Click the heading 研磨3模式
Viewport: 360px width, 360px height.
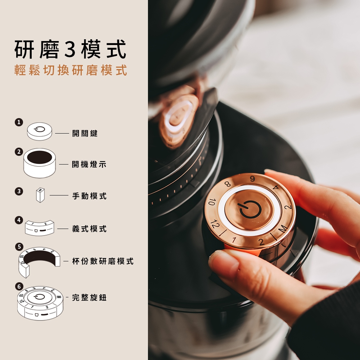point(70,49)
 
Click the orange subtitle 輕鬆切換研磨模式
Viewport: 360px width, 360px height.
point(71,70)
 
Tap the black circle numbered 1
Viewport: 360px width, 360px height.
point(19,122)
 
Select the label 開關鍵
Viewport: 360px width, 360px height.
point(85,133)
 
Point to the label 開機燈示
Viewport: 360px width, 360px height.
point(89,164)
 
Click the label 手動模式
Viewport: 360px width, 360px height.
point(89,196)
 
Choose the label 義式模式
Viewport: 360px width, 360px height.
point(89,229)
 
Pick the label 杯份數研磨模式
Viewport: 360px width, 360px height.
point(103,261)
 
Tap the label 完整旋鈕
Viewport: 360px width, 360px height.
point(89,297)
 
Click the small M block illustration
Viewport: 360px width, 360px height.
point(40,195)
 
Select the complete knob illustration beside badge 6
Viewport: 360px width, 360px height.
point(40,303)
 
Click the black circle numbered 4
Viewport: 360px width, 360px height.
point(19,220)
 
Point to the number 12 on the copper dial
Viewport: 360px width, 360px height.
point(215,224)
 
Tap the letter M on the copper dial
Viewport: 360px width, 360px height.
point(283,229)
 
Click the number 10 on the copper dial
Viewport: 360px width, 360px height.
point(212,202)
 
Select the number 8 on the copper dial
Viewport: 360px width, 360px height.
point(227,184)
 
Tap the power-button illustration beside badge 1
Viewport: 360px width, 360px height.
point(40,131)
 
